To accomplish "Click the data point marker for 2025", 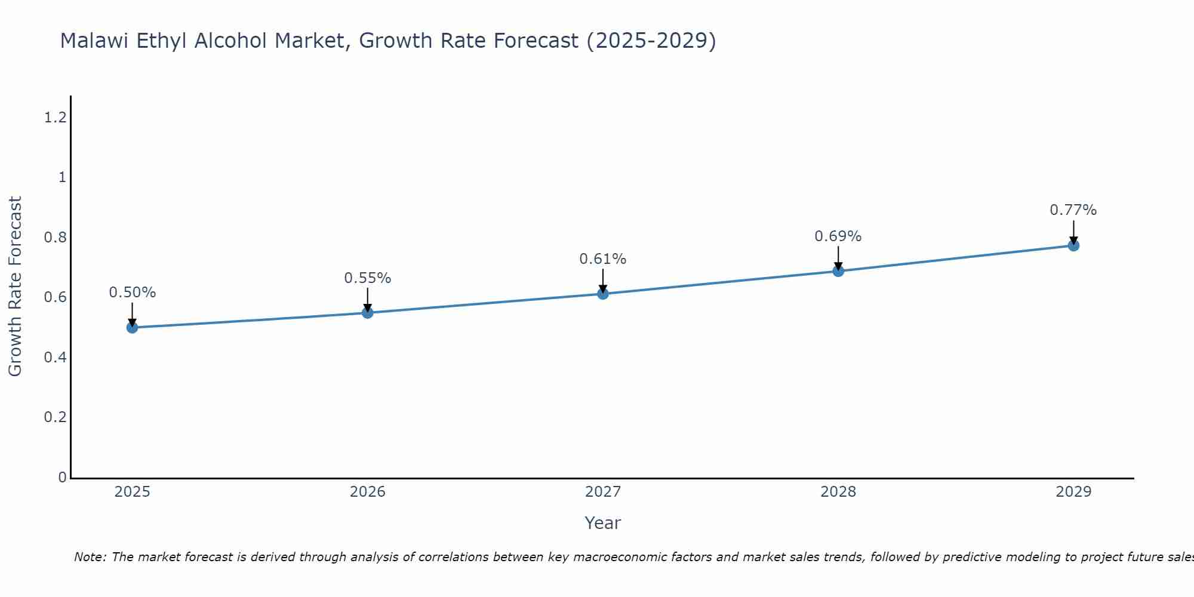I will coord(132,327).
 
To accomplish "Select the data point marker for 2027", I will coord(602,294).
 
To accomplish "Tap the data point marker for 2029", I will coord(1073,245).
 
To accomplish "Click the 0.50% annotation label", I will coord(132,293).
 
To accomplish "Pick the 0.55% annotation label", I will coord(367,278).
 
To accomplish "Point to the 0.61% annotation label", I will coord(602,259).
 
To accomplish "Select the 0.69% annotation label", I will coord(838,236).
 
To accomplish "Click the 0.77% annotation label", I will coord(1073,210).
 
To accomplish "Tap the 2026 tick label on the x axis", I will coord(367,492).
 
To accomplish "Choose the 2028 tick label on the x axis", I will coord(838,492).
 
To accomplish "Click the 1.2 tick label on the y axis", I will coord(55,118).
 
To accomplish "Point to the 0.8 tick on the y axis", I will coord(55,238).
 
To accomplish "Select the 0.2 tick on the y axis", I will coord(55,417).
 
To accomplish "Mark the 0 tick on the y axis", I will coord(62,478).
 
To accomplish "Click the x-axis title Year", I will coord(602,523).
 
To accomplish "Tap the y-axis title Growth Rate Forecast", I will coord(15,287).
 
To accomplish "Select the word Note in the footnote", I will coord(89,557).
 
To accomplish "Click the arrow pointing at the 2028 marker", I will coord(838,259).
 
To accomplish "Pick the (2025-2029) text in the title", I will coord(651,41).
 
